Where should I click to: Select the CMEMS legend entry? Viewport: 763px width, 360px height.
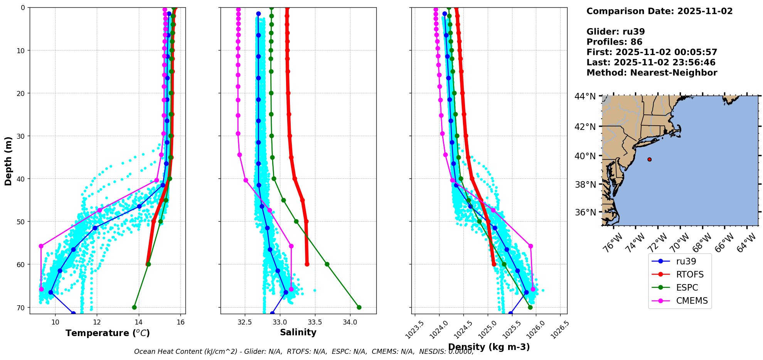click(692, 301)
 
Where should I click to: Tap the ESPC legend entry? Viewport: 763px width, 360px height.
click(687, 288)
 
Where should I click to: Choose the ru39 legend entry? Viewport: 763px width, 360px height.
click(686, 261)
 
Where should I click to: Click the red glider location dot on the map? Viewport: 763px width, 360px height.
click(649, 159)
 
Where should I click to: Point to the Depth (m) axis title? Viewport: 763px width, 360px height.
click(8, 161)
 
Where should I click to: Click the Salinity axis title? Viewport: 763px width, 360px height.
click(298, 332)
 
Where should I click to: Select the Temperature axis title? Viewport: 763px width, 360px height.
click(108, 333)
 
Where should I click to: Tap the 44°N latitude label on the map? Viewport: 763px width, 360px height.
click(585, 96)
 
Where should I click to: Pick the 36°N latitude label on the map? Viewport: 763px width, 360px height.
click(585, 212)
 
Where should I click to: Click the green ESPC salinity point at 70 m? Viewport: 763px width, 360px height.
click(359, 307)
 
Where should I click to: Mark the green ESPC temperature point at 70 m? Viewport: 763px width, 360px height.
click(134, 307)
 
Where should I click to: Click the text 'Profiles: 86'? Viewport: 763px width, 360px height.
click(614, 42)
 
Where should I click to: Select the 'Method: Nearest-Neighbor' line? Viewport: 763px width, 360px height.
click(652, 73)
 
